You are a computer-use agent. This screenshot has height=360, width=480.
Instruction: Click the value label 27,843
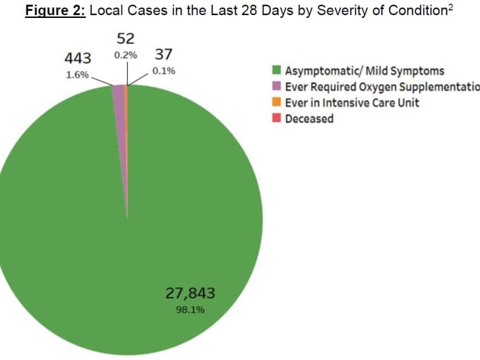(x=190, y=293)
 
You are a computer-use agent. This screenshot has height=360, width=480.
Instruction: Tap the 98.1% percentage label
(x=190, y=310)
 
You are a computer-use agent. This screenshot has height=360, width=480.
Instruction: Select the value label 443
(x=77, y=58)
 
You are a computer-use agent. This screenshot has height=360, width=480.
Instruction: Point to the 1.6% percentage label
(x=77, y=75)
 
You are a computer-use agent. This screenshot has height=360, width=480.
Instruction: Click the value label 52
(x=125, y=39)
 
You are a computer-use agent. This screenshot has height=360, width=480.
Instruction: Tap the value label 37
(x=163, y=54)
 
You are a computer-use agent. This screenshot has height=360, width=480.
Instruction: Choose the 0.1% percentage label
(x=164, y=71)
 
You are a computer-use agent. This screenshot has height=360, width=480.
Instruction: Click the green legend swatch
(x=276, y=71)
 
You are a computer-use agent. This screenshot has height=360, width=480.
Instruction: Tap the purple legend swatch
(x=276, y=87)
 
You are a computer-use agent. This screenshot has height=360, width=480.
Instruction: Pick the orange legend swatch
(x=276, y=102)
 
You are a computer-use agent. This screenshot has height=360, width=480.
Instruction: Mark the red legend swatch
(x=276, y=118)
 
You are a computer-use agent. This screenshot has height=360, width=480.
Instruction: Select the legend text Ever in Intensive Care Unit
(x=352, y=102)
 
